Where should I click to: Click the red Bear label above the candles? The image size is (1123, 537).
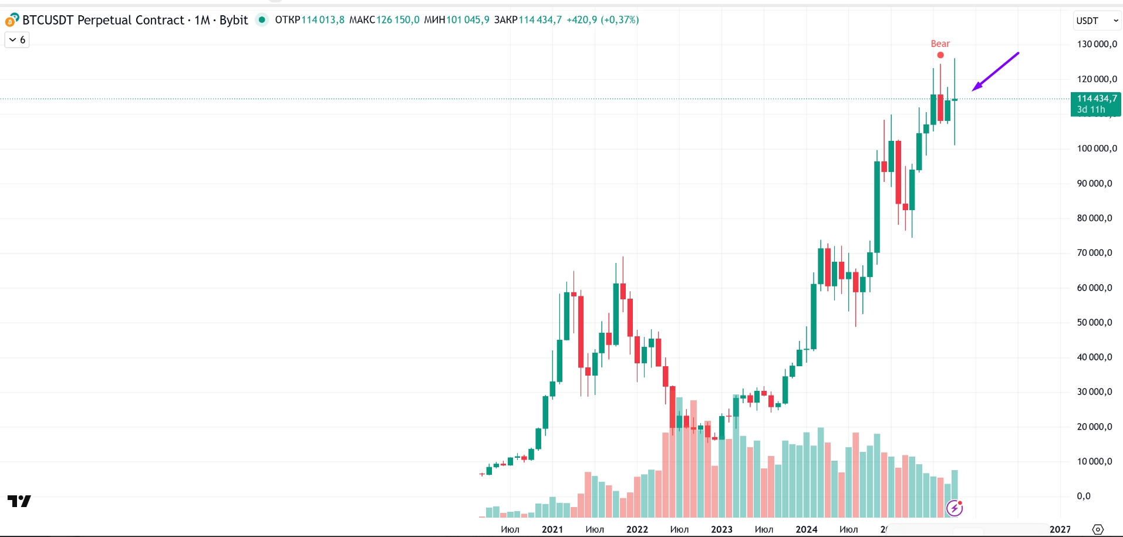tap(940, 44)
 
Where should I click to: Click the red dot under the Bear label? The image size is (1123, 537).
tap(940, 55)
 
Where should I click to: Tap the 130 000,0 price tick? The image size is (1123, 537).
tap(1097, 44)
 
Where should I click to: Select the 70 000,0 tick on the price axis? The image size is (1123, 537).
tap(1094, 253)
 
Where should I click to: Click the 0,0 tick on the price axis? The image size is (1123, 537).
tap(1084, 496)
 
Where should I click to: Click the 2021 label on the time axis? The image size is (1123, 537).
tap(552, 529)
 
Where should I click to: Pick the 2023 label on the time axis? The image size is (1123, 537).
tap(721, 529)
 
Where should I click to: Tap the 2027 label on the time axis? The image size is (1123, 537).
tap(1060, 529)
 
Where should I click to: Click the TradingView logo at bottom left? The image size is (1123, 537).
tap(19, 501)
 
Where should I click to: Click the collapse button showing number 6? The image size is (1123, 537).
tap(17, 40)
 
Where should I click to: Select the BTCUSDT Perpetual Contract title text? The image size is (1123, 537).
tap(103, 20)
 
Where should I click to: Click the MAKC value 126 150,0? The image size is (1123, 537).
tap(397, 20)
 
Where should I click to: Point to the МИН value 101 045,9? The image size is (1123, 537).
tap(467, 20)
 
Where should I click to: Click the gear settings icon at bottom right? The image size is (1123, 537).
tap(1098, 529)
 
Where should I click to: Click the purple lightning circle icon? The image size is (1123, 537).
tap(955, 508)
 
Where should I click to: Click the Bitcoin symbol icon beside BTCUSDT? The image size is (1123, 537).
tap(12, 21)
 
